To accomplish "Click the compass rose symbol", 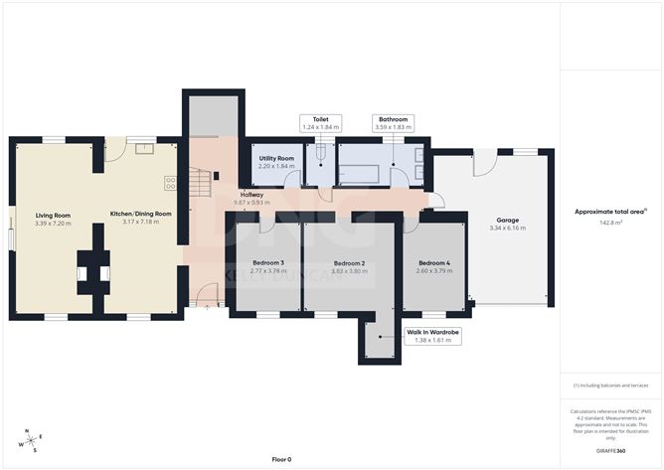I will coord(31,440).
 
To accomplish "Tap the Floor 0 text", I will coord(282,459).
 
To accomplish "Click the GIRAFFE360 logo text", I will coord(610,450).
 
